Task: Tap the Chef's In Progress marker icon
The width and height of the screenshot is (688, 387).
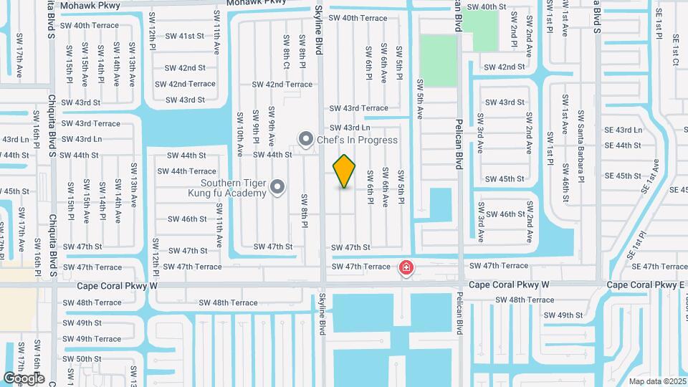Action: coord(306,140)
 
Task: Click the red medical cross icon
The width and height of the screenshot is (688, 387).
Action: coord(406,268)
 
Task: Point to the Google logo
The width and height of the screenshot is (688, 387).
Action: coord(24,378)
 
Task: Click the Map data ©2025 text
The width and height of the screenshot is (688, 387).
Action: coord(656,381)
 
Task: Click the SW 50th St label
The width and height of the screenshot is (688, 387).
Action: coord(82,358)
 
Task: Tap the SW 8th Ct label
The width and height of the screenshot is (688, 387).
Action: coord(286,52)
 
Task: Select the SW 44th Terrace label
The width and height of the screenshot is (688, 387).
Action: coord(186,171)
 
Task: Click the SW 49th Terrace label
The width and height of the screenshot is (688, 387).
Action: coord(92,339)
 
